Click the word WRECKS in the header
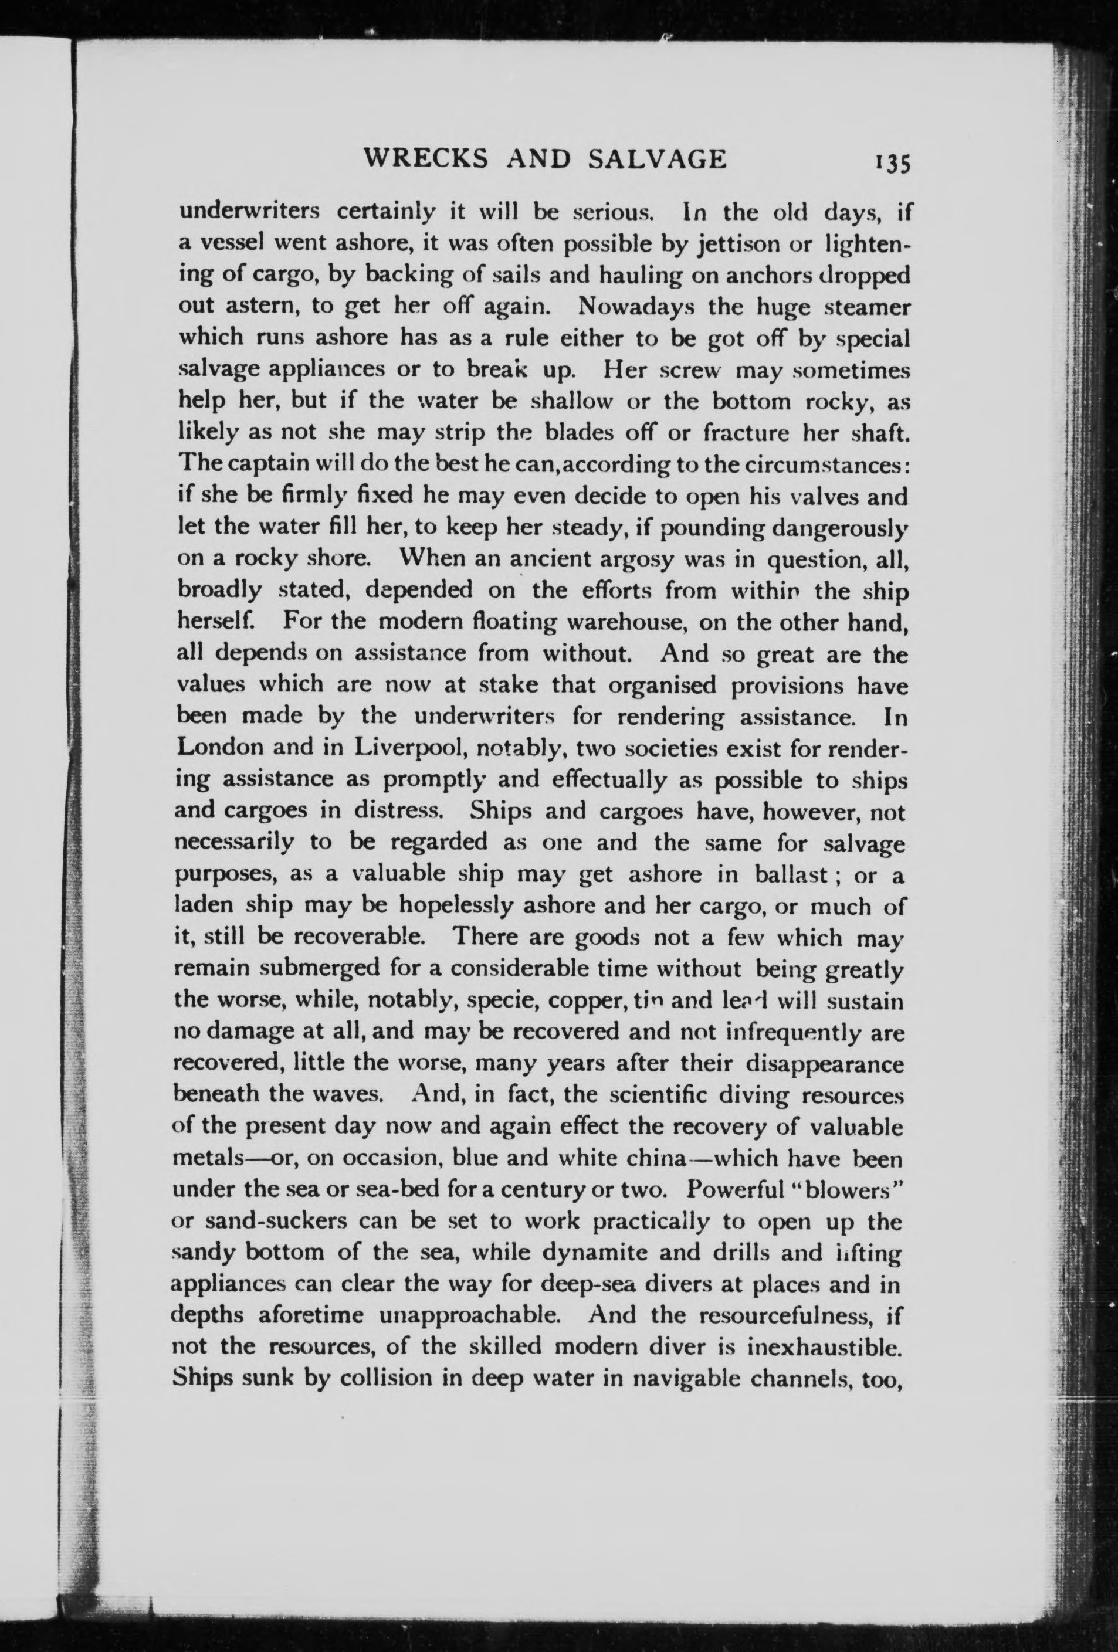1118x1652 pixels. pyautogui.click(x=425, y=158)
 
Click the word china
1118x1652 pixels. pyautogui.click(x=654, y=1158)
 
